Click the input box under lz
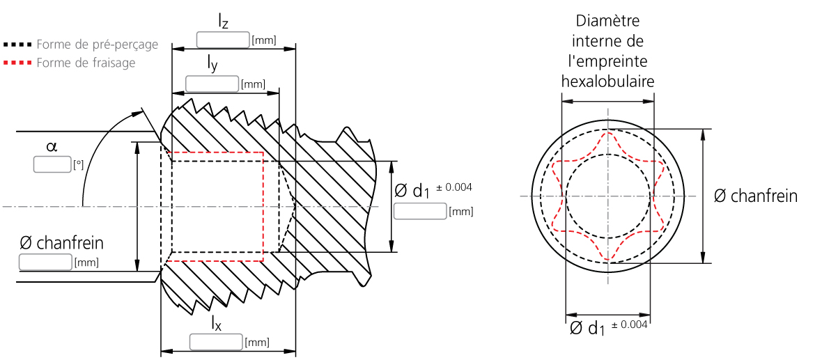(223, 40)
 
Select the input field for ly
(212, 84)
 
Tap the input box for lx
(216, 342)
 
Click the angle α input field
(52, 164)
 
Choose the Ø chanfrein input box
(45, 262)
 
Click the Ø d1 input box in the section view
(420, 211)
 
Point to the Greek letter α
(51, 147)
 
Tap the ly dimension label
(211, 65)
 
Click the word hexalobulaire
(607, 81)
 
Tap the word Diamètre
(608, 21)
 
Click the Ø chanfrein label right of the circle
(756, 196)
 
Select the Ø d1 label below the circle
(587, 329)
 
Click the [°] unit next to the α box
(78, 166)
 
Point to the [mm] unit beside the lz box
(264, 41)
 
